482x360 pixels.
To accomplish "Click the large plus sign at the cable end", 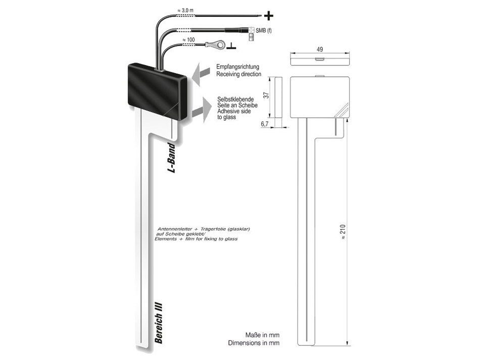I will tap(268, 16).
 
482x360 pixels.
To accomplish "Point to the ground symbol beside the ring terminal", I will tap(231, 47).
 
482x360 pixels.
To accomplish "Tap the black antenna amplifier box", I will tap(157, 91).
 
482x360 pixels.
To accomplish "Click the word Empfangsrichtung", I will tap(237, 67).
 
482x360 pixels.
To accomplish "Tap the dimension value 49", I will tap(319, 49).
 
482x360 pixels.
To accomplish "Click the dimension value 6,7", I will tap(266, 124).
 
